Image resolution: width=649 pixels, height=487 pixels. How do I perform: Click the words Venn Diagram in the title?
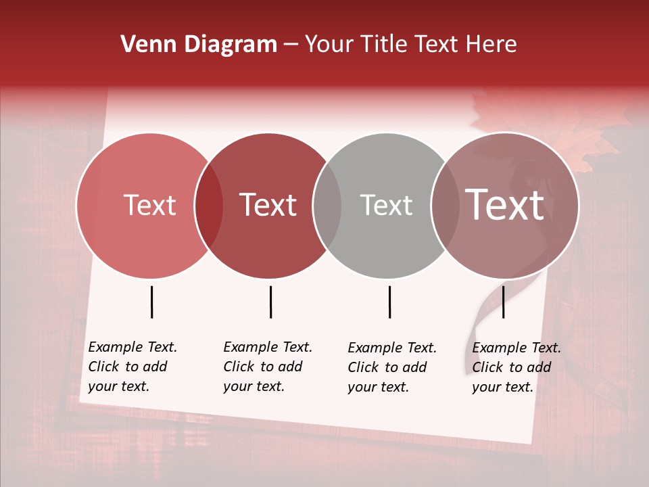[x=199, y=45]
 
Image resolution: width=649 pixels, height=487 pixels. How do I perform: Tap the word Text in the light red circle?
[x=149, y=205]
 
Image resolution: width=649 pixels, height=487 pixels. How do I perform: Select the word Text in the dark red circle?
[x=268, y=205]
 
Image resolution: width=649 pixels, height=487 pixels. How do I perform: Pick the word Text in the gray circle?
[x=386, y=205]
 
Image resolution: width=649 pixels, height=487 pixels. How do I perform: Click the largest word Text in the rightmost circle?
[x=505, y=205]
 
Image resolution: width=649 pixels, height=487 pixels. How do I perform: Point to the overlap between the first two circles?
[x=209, y=205]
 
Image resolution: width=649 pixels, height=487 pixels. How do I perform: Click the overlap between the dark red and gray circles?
[x=327, y=205]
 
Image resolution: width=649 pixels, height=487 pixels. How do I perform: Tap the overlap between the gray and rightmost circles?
[x=445, y=205]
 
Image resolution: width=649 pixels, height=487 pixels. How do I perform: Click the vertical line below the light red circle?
[x=151, y=302]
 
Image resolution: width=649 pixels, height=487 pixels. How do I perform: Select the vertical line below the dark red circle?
[x=270, y=302]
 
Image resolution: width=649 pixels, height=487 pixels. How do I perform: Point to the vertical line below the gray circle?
[x=389, y=302]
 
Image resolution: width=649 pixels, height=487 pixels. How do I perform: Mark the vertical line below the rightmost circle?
[x=503, y=302]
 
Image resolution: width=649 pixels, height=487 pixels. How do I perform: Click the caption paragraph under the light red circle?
[x=132, y=367]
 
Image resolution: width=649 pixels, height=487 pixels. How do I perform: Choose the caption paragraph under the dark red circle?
[x=267, y=367]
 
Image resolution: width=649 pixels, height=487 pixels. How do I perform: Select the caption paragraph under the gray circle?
[x=391, y=367]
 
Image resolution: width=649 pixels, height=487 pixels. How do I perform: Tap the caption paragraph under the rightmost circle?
[x=516, y=367]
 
